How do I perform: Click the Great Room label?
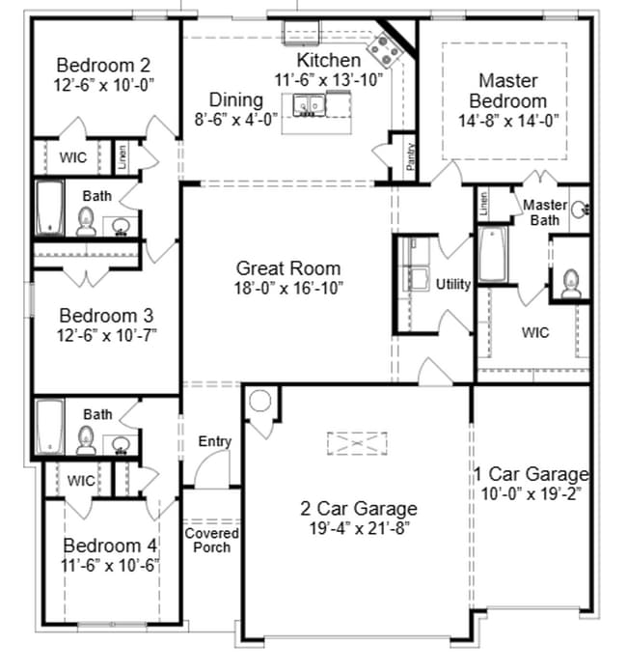pos(288,268)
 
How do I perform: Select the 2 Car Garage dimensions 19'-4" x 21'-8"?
pos(358,528)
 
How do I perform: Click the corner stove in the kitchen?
pos(390,46)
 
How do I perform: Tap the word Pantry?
pos(411,156)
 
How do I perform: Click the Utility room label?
pos(453,285)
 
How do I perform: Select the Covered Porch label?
pos(211,540)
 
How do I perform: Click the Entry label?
pos(215,441)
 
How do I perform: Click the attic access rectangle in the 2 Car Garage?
pos(356,443)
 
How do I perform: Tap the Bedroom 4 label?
pos(109,546)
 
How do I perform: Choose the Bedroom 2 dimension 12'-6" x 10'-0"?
pos(104,85)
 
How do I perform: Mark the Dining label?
pos(236,100)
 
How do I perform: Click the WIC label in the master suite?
pos(536,332)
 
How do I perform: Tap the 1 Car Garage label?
pos(531,474)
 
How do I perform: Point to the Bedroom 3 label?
pos(106,316)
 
